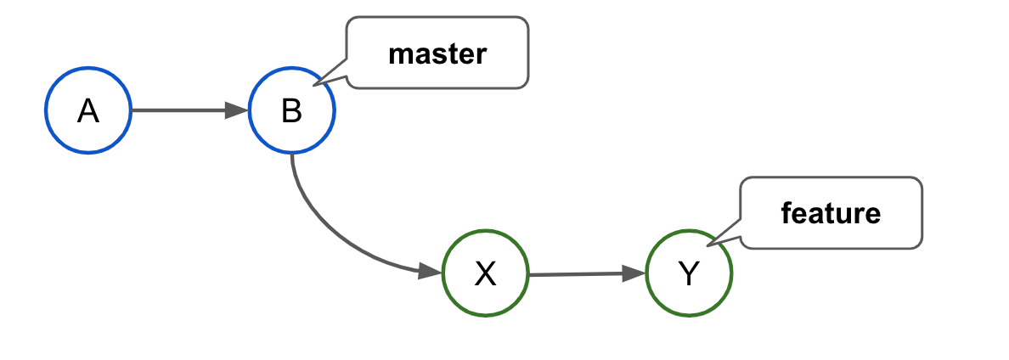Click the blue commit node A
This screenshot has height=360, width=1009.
pyautogui.click(x=87, y=111)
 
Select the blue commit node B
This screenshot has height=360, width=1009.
pyautogui.click(x=292, y=111)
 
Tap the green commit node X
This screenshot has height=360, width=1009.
pyautogui.click(x=485, y=273)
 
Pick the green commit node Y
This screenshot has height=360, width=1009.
pyautogui.click(x=689, y=273)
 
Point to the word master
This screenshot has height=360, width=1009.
pyautogui.click(x=437, y=53)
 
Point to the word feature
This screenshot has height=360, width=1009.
pyautogui.click(x=831, y=213)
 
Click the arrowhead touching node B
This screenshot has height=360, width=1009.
pyautogui.click(x=237, y=110)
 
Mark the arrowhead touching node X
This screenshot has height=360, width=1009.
pyautogui.click(x=431, y=271)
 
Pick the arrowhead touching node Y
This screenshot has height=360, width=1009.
pyautogui.click(x=634, y=273)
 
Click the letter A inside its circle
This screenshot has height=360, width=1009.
pyautogui.click(x=87, y=111)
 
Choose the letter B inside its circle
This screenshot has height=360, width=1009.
pyautogui.click(x=292, y=111)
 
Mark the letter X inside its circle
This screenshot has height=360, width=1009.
pyautogui.click(x=485, y=273)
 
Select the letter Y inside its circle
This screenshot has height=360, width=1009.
pyautogui.click(x=689, y=273)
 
